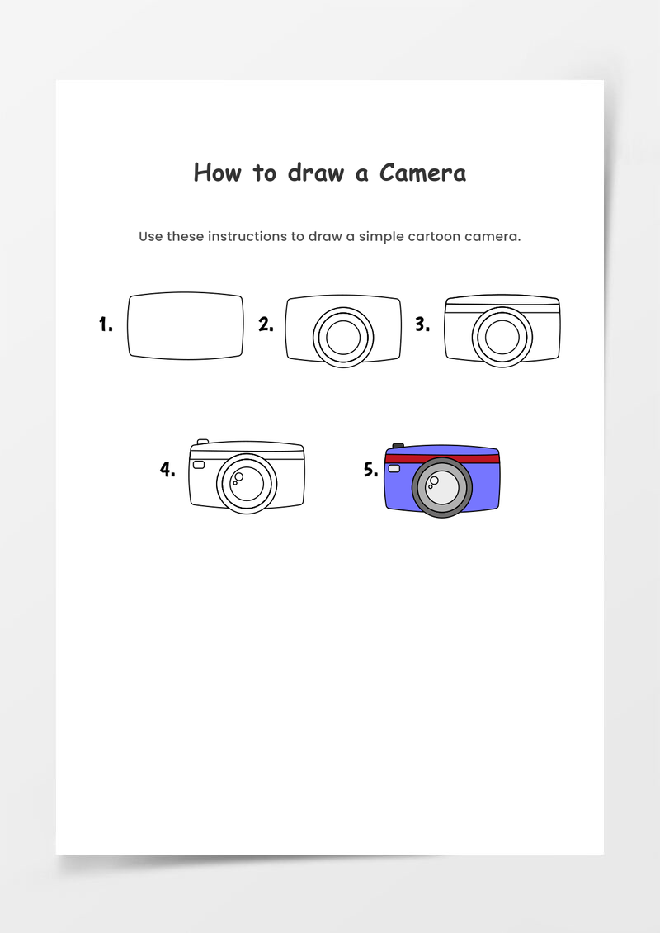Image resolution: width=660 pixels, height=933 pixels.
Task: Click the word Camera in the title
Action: pyautogui.click(x=422, y=173)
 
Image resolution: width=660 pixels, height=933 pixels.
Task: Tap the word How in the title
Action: pyautogui.click(x=218, y=173)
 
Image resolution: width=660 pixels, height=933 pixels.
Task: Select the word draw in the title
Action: pyautogui.click(x=316, y=173)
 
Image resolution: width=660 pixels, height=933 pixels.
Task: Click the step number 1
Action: pyautogui.click(x=106, y=324)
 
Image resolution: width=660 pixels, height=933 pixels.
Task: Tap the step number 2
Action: pyautogui.click(x=266, y=324)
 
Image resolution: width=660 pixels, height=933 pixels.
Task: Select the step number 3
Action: pyautogui.click(x=422, y=324)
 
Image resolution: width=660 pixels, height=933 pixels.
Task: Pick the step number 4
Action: pyautogui.click(x=167, y=470)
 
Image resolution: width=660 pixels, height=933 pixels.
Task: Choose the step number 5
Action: pyautogui.click(x=371, y=470)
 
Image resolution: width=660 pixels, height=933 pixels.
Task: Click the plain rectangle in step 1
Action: pyautogui.click(x=186, y=325)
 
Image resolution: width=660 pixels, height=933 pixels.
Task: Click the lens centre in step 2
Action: pyautogui.click(x=343, y=338)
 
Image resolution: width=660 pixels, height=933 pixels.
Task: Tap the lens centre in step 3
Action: pyautogui.click(x=502, y=338)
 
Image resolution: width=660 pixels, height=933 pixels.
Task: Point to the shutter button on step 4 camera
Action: pyautogui.click(x=203, y=442)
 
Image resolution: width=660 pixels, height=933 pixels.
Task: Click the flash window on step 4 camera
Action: pyautogui.click(x=199, y=464)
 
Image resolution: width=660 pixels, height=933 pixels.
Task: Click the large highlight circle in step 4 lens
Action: pyautogui.click(x=238, y=476)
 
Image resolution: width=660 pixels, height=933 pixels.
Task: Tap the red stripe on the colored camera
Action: pyautogui.click(x=442, y=459)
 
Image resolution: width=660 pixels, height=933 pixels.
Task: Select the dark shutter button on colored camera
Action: pyautogui.click(x=398, y=445)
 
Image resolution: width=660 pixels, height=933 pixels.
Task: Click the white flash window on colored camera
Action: pyautogui.click(x=394, y=468)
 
